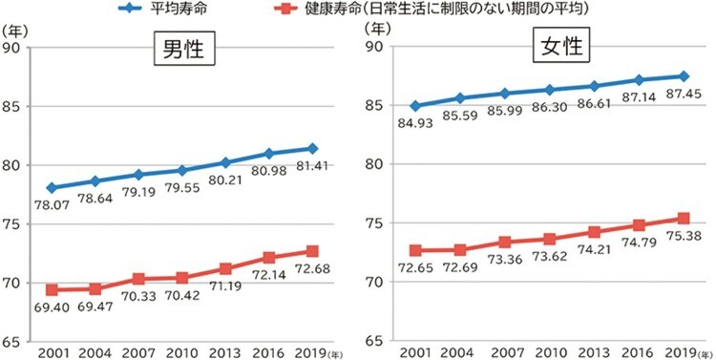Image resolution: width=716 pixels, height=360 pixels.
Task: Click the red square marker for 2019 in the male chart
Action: (x=311, y=252)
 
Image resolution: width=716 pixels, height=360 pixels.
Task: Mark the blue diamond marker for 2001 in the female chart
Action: (x=414, y=106)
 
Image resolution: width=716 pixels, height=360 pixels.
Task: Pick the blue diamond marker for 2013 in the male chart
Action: (x=225, y=162)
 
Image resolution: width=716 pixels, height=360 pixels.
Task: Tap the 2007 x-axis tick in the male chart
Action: (x=138, y=352)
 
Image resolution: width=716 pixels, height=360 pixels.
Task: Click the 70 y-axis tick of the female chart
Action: (x=374, y=283)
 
